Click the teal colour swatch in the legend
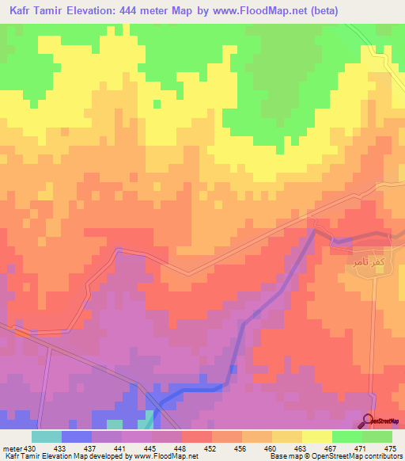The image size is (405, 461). (x=47, y=436)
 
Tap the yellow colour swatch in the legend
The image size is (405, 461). (x=316, y=436)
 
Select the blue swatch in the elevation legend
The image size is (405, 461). (x=77, y=436)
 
